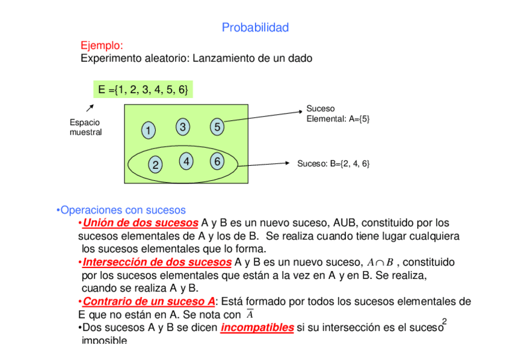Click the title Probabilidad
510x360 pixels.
(255, 28)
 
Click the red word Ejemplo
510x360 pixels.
(102, 46)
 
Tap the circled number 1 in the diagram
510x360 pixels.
(148, 130)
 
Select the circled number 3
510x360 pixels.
(183, 127)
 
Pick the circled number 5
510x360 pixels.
(217, 127)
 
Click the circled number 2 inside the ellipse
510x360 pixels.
(155, 165)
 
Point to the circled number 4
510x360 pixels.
(187, 161)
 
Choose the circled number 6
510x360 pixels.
(217, 161)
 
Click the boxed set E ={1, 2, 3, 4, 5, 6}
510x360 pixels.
(143, 90)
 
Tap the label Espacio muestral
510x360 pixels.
(85, 127)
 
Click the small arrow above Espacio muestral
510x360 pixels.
(90, 108)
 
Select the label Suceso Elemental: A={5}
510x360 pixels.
(338, 114)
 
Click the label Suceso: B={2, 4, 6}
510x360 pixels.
(333, 163)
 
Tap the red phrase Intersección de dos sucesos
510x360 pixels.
(157, 263)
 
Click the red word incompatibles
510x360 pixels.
(257, 328)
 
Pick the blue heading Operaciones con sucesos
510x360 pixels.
(120, 210)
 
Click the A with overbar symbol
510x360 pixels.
(250, 315)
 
